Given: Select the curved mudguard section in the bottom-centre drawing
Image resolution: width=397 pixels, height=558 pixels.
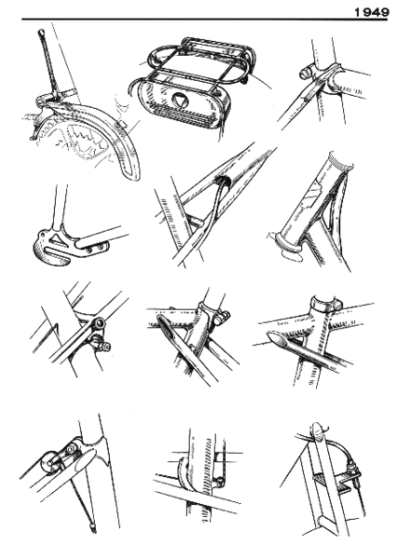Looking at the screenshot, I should [x=183, y=475].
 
